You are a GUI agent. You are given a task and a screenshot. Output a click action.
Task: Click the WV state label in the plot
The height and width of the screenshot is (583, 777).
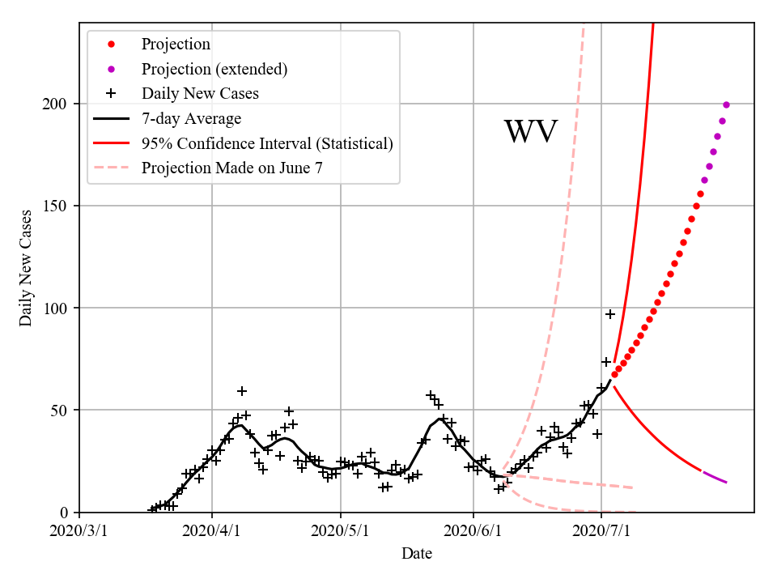pos(531,132)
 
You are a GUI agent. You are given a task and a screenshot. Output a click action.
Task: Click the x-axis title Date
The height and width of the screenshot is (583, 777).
pos(417,554)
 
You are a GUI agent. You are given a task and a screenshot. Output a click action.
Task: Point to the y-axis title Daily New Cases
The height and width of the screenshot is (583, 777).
pos(26,268)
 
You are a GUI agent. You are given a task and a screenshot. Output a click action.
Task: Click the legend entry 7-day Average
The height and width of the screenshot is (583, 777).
pos(191,119)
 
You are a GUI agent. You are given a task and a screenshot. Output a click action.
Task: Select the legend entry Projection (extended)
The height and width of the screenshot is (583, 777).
pos(214,69)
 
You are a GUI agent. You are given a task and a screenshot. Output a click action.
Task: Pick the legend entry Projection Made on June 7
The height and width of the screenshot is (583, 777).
pos(237,168)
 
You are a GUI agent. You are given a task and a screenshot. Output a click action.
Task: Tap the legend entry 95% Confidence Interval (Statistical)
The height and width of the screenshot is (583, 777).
pos(267,143)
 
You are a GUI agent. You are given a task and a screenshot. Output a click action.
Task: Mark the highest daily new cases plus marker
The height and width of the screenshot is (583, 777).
pos(610,314)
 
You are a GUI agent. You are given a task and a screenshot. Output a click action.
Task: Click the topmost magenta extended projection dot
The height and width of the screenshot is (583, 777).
pos(726,104)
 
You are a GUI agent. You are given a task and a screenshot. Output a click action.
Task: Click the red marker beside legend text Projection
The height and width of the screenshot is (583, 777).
pos(112,45)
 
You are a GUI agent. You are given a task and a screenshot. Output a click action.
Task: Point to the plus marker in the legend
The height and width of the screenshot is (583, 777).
pos(112,94)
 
